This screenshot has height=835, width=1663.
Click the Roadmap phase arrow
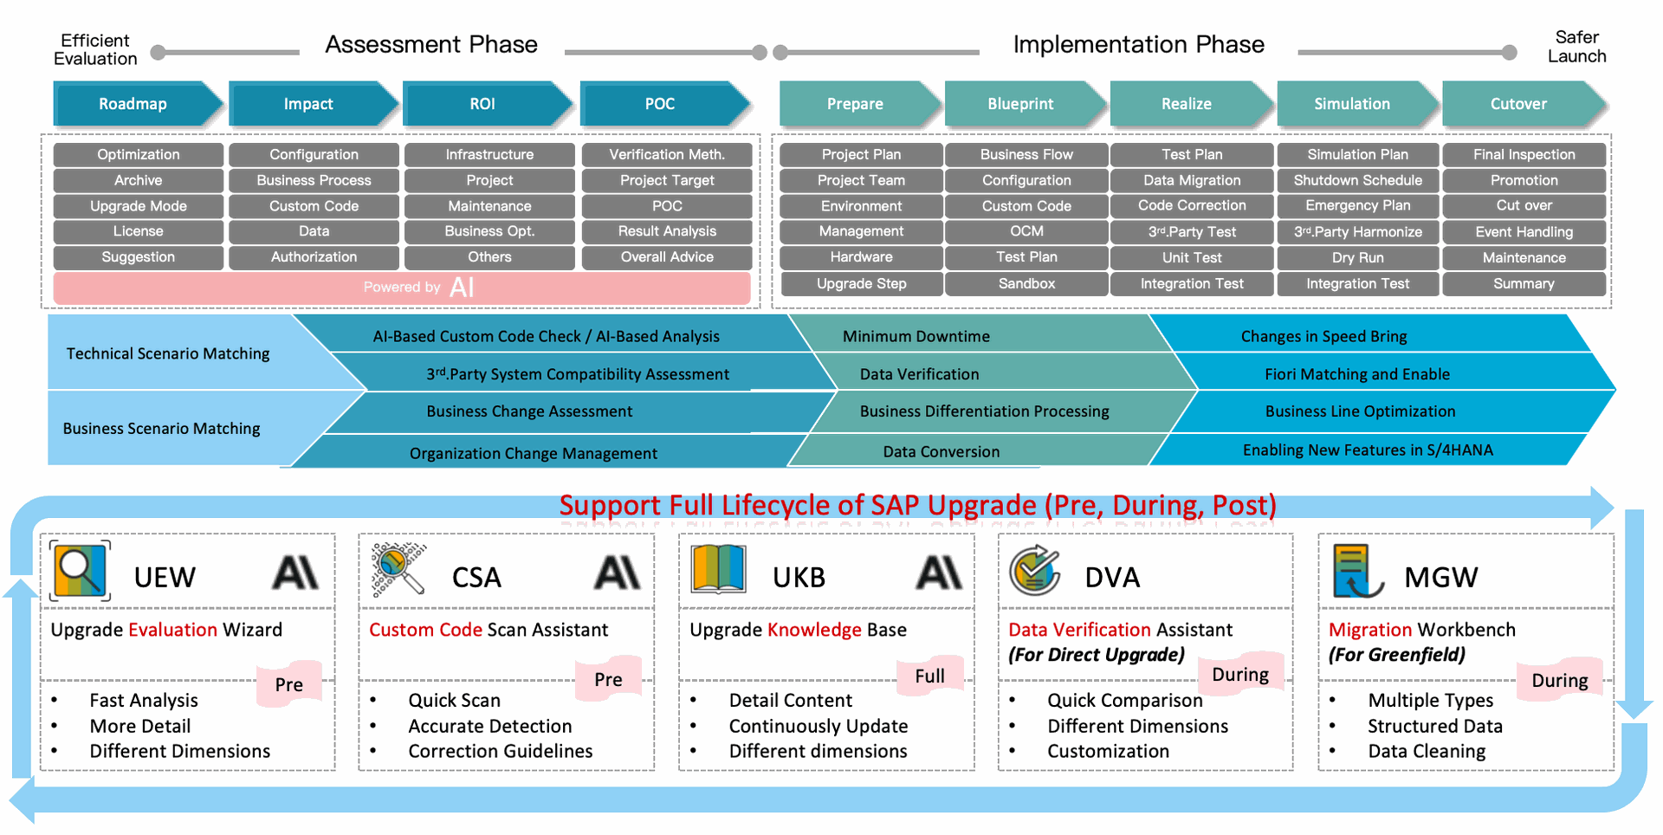click(133, 104)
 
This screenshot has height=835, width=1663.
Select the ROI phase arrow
click(483, 104)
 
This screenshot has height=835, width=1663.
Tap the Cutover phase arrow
click(1519, 104)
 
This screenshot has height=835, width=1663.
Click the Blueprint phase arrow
click(1021, 104)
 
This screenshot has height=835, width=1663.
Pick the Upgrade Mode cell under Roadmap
click(139, 206)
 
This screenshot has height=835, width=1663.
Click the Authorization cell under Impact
click(314, 257)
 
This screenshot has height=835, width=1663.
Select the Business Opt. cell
click(489, 231)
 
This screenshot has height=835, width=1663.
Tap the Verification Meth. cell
click(667, 155)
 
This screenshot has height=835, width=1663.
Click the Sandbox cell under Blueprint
click(1026, 283)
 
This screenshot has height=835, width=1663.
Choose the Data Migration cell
click(1192, 180)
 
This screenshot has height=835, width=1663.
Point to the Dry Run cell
click(1357, 257)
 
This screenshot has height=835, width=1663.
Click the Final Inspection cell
click(1524, 155)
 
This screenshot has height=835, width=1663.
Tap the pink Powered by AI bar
click(402, 288)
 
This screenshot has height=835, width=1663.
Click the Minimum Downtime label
click(916, 336)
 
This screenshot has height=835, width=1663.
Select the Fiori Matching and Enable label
click(1357, 374)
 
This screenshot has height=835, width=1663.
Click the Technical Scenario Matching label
click(168, 353)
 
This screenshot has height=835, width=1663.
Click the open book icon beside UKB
click(718, 570)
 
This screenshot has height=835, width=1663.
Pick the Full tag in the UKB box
click(930, 676)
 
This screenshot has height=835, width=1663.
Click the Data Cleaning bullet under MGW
click(1427, 752)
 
